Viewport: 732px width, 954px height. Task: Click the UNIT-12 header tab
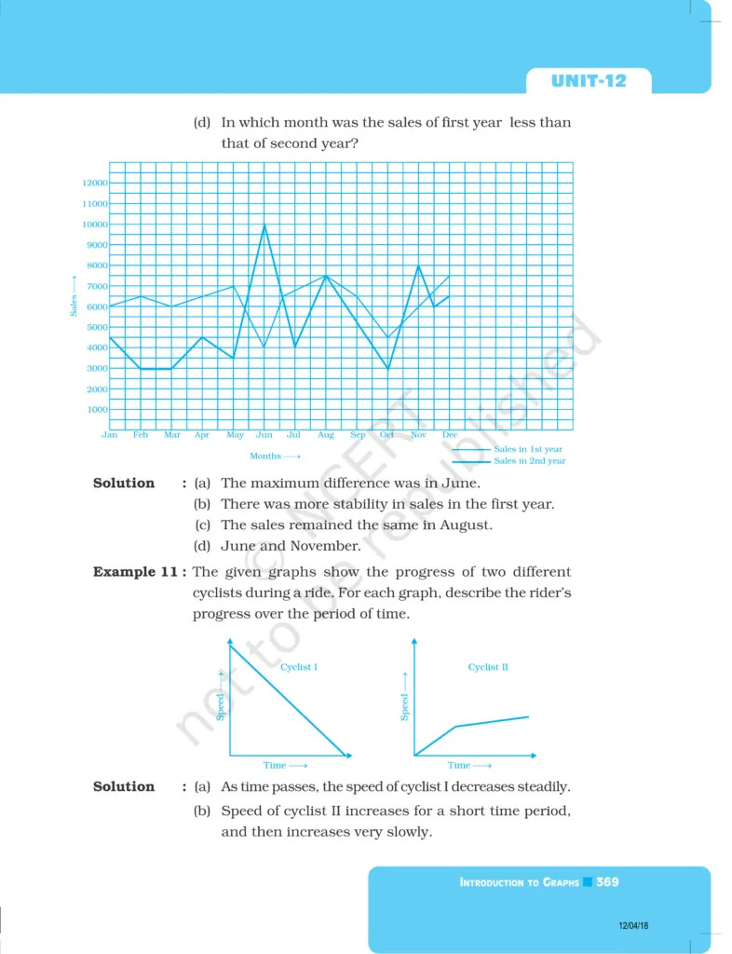tap(589, 81)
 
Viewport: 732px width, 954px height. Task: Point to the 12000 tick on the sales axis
tap(95, 184)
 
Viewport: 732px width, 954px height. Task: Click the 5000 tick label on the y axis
tap(95, 328)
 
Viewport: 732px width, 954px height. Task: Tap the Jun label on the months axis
tap(264, 435)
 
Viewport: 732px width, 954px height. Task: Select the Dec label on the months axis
tap(450, 435)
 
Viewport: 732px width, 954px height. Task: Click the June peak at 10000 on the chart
tap(264, 225)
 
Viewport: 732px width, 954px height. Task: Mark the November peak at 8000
tap(418, 266)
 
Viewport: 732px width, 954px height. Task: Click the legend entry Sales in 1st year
tap(528, 449)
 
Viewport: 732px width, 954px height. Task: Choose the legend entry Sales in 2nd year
tap(529, 461)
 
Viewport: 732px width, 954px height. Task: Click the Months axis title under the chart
tap(275, 457)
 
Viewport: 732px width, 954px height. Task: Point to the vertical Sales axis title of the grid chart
tap(74, 296)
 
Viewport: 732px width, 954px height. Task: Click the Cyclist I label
tap(299, 667)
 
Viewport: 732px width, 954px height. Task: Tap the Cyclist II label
tap(488, 667)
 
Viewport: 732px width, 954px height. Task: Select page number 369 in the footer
tap(607, 881)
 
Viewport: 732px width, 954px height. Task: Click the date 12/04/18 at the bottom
tap(632, 925)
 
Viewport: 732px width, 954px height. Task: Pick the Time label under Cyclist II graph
tap(459, 766)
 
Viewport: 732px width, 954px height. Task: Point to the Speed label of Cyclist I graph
tap(221, 706)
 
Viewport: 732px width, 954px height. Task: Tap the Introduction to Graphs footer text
tap(519, 882)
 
